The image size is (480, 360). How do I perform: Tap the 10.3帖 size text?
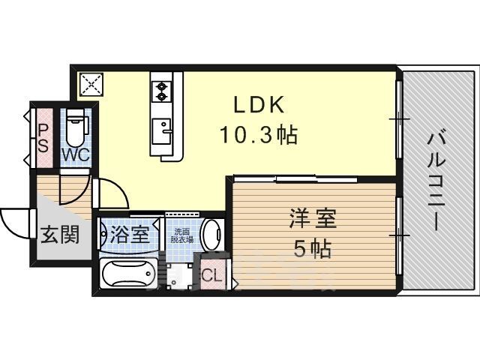[x=258, y=135]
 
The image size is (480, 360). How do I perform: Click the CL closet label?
[x=212, y=274]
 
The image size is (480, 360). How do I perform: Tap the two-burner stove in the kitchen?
[x=162, y=91]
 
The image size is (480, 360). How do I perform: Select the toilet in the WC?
[x=75, y=129]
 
